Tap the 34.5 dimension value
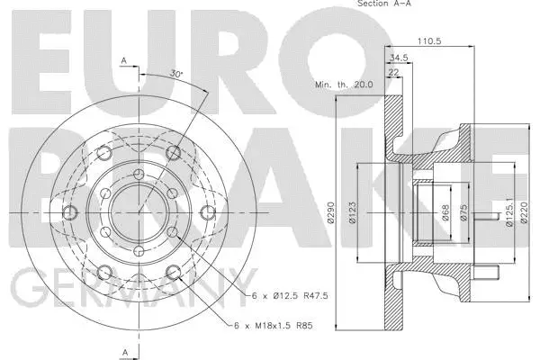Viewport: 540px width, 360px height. (x=398, y=58)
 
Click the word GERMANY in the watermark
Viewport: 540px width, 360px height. (x=135, y=293)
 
